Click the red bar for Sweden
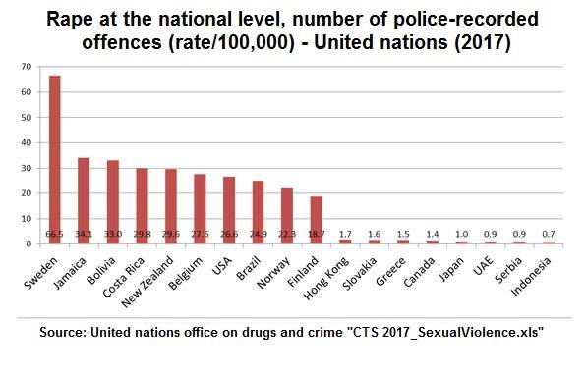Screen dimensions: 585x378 click(x=55, y=160)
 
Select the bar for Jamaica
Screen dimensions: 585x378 click(x=84, y=200)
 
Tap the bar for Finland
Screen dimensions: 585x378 click(x=316, y=220)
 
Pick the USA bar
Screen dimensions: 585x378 click(x=229, y=210)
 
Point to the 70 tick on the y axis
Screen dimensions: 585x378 click(x=27, y=67)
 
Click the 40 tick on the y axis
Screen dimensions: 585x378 click(x=27, y=142)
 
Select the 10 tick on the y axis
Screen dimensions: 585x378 click(x=27, y=219)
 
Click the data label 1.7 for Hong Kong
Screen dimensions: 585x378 click(x=345, y=235)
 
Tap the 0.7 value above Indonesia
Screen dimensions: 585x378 click(x=549, y=235)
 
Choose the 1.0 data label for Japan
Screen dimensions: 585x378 click(x=461, y=235)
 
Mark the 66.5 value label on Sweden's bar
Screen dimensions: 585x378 click(x=54, y=235)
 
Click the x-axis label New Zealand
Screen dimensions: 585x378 click(x=148, y=282)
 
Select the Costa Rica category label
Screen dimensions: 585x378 click(x=124, y=277)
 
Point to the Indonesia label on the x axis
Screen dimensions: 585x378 click(x=531, y=276)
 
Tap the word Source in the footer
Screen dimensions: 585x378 click(x=62, y=332)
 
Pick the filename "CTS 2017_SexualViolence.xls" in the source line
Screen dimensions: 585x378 click(x=442, y=332)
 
